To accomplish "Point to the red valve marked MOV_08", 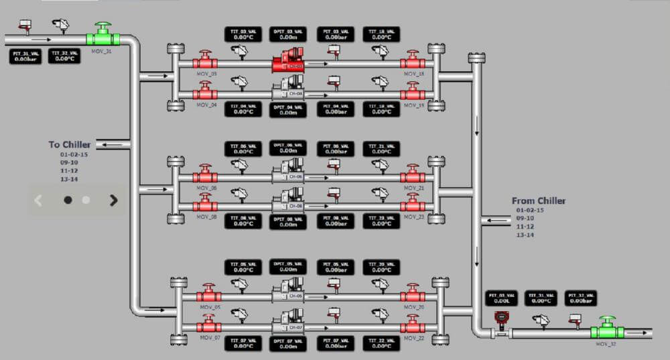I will tap(205, 206).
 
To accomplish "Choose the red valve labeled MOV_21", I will tap(413, 177).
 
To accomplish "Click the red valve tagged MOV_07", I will tap(209, 326).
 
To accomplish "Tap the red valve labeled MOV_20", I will tap(413, 296).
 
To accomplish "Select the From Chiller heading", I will tap(539, 200).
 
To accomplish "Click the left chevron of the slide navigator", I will tap(38, 200).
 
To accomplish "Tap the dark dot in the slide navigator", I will tap(68, 200).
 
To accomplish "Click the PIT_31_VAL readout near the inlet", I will tap(25, 56).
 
